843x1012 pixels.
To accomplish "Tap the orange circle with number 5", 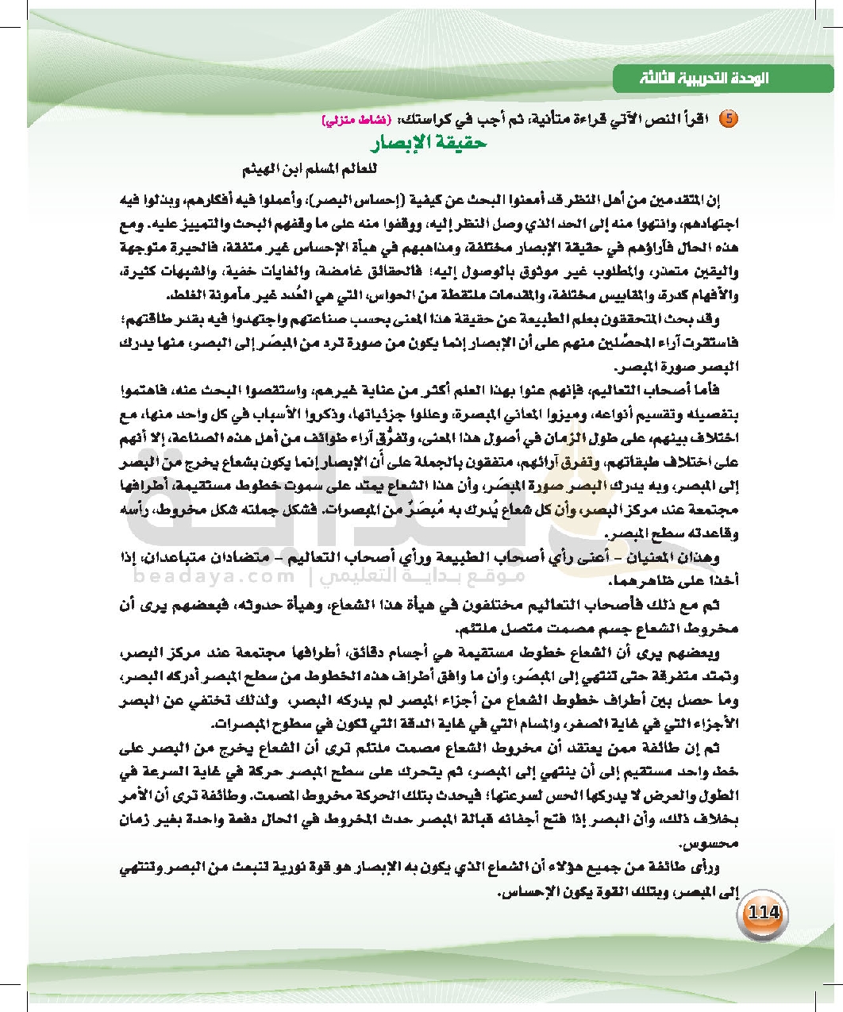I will tap(728, 119).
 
